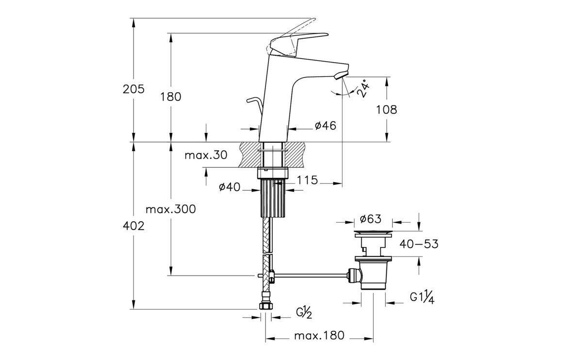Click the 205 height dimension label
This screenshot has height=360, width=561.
(134, 89)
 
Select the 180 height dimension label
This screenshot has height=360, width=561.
(171, 97)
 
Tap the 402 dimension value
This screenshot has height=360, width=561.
(134, 226)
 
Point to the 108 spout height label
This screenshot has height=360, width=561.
(387, 110)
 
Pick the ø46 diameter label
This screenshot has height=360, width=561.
(325, 126)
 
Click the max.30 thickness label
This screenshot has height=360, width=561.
(206, 155)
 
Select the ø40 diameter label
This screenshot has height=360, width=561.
(230, 187)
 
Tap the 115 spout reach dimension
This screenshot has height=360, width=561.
(308, 180)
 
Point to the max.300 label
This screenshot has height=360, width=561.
(171, 210)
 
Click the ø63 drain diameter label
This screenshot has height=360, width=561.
(371, 219)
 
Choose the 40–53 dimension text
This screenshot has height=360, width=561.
(418, 244)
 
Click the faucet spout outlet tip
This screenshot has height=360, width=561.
(343, 74)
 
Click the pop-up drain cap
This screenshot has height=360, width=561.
(373, 233)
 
